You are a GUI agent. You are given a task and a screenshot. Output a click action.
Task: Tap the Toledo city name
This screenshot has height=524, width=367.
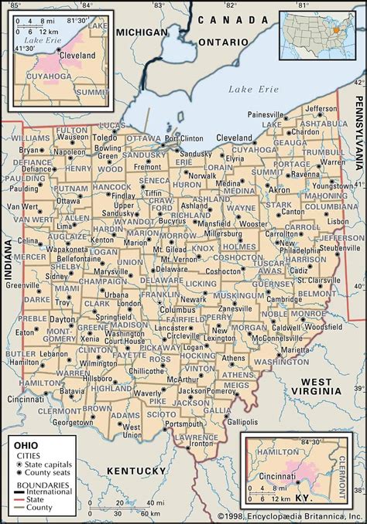(x=105, y=138)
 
